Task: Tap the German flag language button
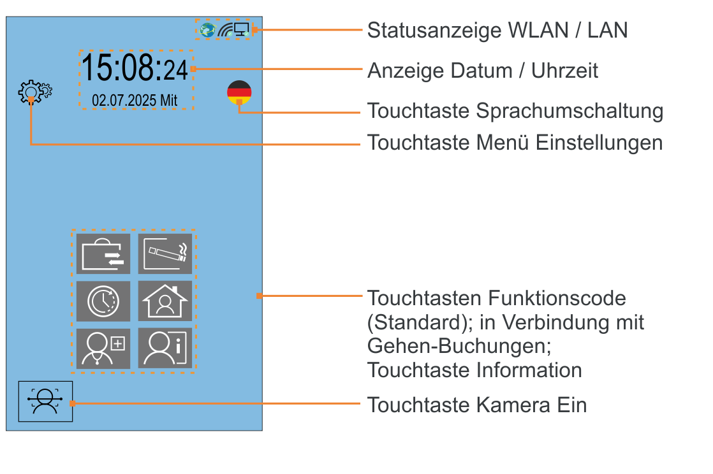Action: (x=239, y=92)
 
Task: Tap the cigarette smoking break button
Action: (x=165, y=254)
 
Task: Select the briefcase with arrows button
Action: (x=103, y=254)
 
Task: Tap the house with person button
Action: (x=165, y=301)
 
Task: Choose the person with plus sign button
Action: (x=103, y=348)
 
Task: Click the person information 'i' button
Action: (x=165, y=348)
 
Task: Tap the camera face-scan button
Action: (x=46, y=401)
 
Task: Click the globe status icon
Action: (x=207, y=29)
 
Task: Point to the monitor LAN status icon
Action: (x=241, y=29)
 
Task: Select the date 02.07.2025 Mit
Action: (x=135, y=100)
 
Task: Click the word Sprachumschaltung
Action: (x=570, y=111)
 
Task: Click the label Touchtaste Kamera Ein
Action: (x=476, y=405)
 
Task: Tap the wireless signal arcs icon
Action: (x=224, y=29)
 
